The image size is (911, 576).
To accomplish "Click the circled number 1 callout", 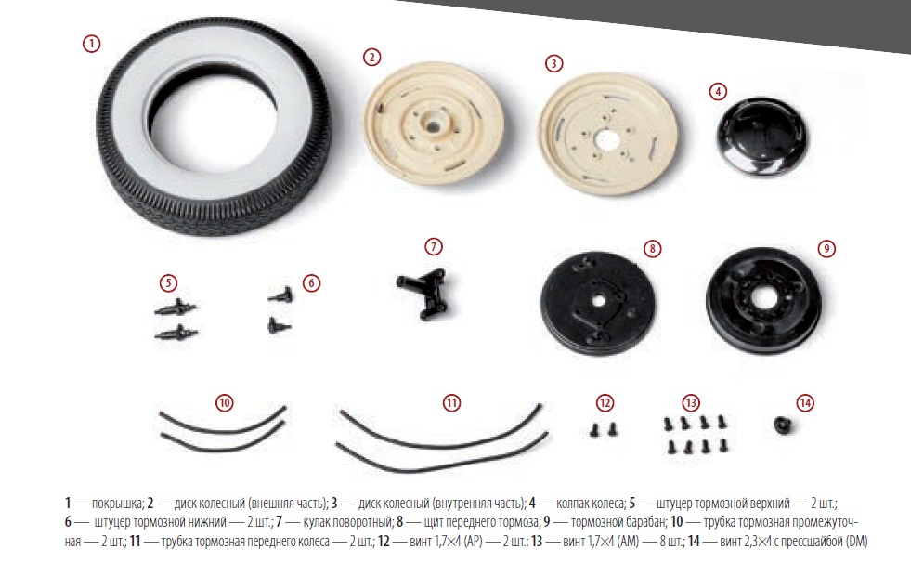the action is pos(91,44).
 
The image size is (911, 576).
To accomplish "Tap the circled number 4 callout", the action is pos(718,91).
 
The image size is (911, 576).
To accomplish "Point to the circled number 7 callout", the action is pos(434,246).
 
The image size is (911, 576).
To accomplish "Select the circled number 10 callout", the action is pos(224,403).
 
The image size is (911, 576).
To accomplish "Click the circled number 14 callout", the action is pos(805,403).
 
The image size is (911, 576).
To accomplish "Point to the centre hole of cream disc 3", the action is pos(607,140).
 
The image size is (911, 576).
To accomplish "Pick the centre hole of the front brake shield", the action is pos(598,300).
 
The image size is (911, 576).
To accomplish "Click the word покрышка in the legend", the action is pos(117,503).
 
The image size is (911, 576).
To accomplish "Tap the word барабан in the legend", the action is pos(644,522).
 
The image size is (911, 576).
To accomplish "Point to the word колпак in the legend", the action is pos(574,503).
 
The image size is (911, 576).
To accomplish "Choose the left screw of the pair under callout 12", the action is pos(593,430).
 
